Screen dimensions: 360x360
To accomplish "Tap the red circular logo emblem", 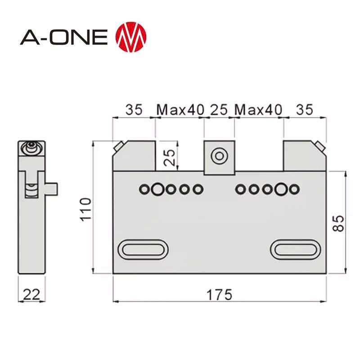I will click(x=131, y=36).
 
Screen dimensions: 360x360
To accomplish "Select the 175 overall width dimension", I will click(x=219, y=295).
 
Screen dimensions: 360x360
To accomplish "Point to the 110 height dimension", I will click(x=85, y=208).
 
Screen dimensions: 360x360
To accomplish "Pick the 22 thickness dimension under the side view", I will click(x=31, y=295).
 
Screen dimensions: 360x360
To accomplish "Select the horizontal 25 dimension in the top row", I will click(x=219, y=109).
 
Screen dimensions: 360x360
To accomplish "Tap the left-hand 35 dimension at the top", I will click(x=134, y=109).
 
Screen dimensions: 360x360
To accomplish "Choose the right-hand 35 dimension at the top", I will click(x=304, y=109).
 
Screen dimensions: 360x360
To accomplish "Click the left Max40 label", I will click(x=180, y=109).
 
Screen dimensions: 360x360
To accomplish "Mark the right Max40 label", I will click(x=259, y=109).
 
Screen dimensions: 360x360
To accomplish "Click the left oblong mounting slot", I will click(x=143, y=249).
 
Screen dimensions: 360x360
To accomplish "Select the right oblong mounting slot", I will click(x=295, y=249).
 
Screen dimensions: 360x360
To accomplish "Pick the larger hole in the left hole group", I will click(x=157, y=189).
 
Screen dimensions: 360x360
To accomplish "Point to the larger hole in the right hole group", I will click(x=282, y=189).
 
